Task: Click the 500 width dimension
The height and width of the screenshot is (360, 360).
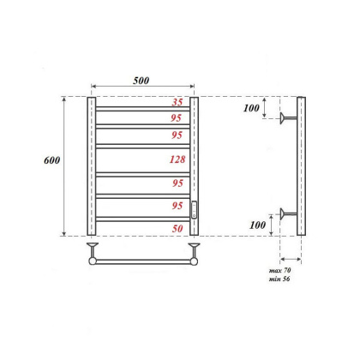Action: (141, 80)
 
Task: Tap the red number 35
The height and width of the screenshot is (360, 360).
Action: (177, 103)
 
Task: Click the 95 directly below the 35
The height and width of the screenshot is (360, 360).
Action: (177, 118)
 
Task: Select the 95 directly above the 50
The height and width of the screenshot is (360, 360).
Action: (177, 206)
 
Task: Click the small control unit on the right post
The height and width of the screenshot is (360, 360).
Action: (195, 209)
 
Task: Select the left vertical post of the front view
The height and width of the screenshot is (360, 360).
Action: (91, 166)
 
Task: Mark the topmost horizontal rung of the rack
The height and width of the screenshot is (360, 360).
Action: (142, 109)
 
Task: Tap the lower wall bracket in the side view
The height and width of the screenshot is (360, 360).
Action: (289, 213)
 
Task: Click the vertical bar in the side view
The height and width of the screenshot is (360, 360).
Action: (300, 166)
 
